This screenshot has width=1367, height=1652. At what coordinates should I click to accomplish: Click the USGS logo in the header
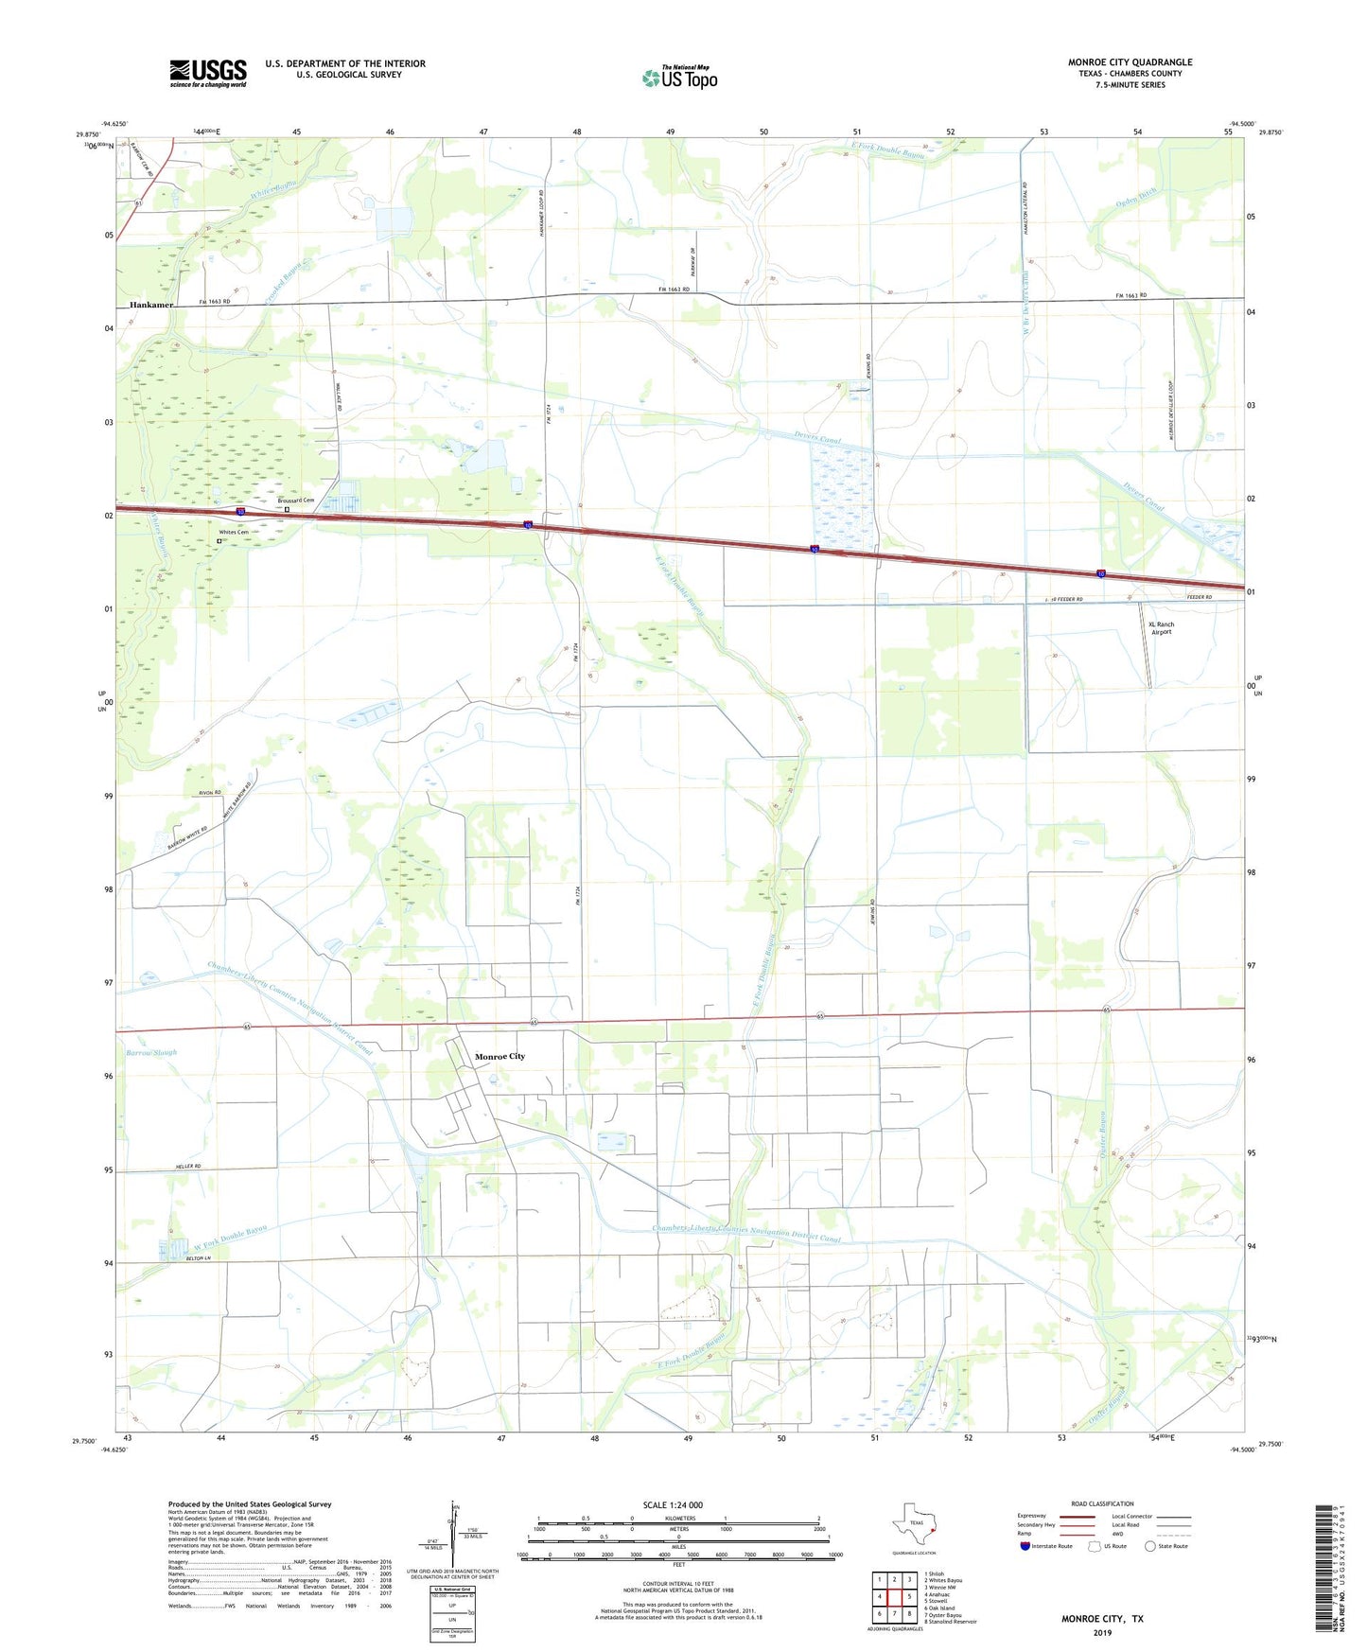coord(207,73)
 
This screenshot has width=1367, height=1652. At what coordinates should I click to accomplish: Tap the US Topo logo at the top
coord(679,78)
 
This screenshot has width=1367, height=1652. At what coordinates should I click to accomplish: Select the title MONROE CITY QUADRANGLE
coord(1130,62)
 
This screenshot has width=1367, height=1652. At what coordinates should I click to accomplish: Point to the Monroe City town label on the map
coord(499,1056)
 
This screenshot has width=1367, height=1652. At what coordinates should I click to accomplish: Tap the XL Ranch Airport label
coord(1161,628)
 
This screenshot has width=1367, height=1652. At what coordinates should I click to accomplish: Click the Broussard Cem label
coord(295,501)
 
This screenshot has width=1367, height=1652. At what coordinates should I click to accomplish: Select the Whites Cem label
coord(234,533)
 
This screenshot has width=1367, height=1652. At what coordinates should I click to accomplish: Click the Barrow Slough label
coord(151,1052)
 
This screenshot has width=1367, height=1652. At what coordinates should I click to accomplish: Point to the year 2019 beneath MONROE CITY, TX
coord(1102,1632)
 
